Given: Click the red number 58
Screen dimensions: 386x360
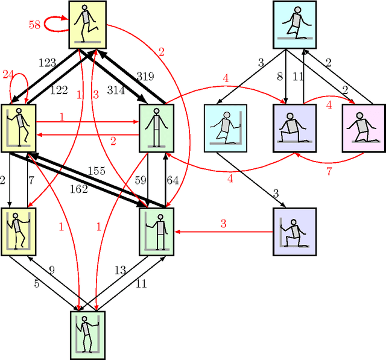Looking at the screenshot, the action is coord(34,25).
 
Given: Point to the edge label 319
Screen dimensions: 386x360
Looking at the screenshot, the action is coord(145,77).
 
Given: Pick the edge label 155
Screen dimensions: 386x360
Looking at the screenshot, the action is coord(96,171).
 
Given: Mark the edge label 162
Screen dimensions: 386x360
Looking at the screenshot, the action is coord(78,189).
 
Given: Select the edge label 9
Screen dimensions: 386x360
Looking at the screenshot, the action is coord(51,271).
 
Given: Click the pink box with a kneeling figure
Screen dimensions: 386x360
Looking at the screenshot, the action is coord(363,127).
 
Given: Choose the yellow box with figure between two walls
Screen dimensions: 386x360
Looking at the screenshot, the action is coord(18,231).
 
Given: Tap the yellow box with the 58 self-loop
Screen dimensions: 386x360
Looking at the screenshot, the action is coord(88,24).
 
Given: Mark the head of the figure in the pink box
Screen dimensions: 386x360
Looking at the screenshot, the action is coord(360,112).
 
